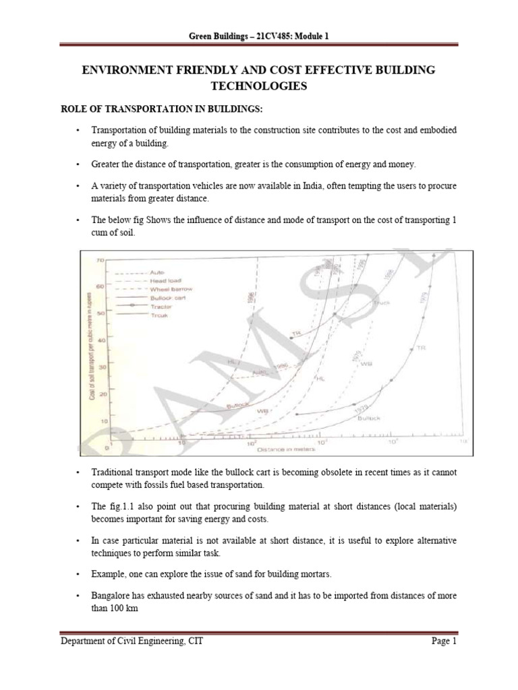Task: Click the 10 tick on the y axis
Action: (x=103, y=421)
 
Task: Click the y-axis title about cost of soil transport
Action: (x=94, y=351)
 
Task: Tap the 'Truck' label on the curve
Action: (x=381, y=303)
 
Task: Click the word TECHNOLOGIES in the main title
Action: (x=259, y=87)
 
